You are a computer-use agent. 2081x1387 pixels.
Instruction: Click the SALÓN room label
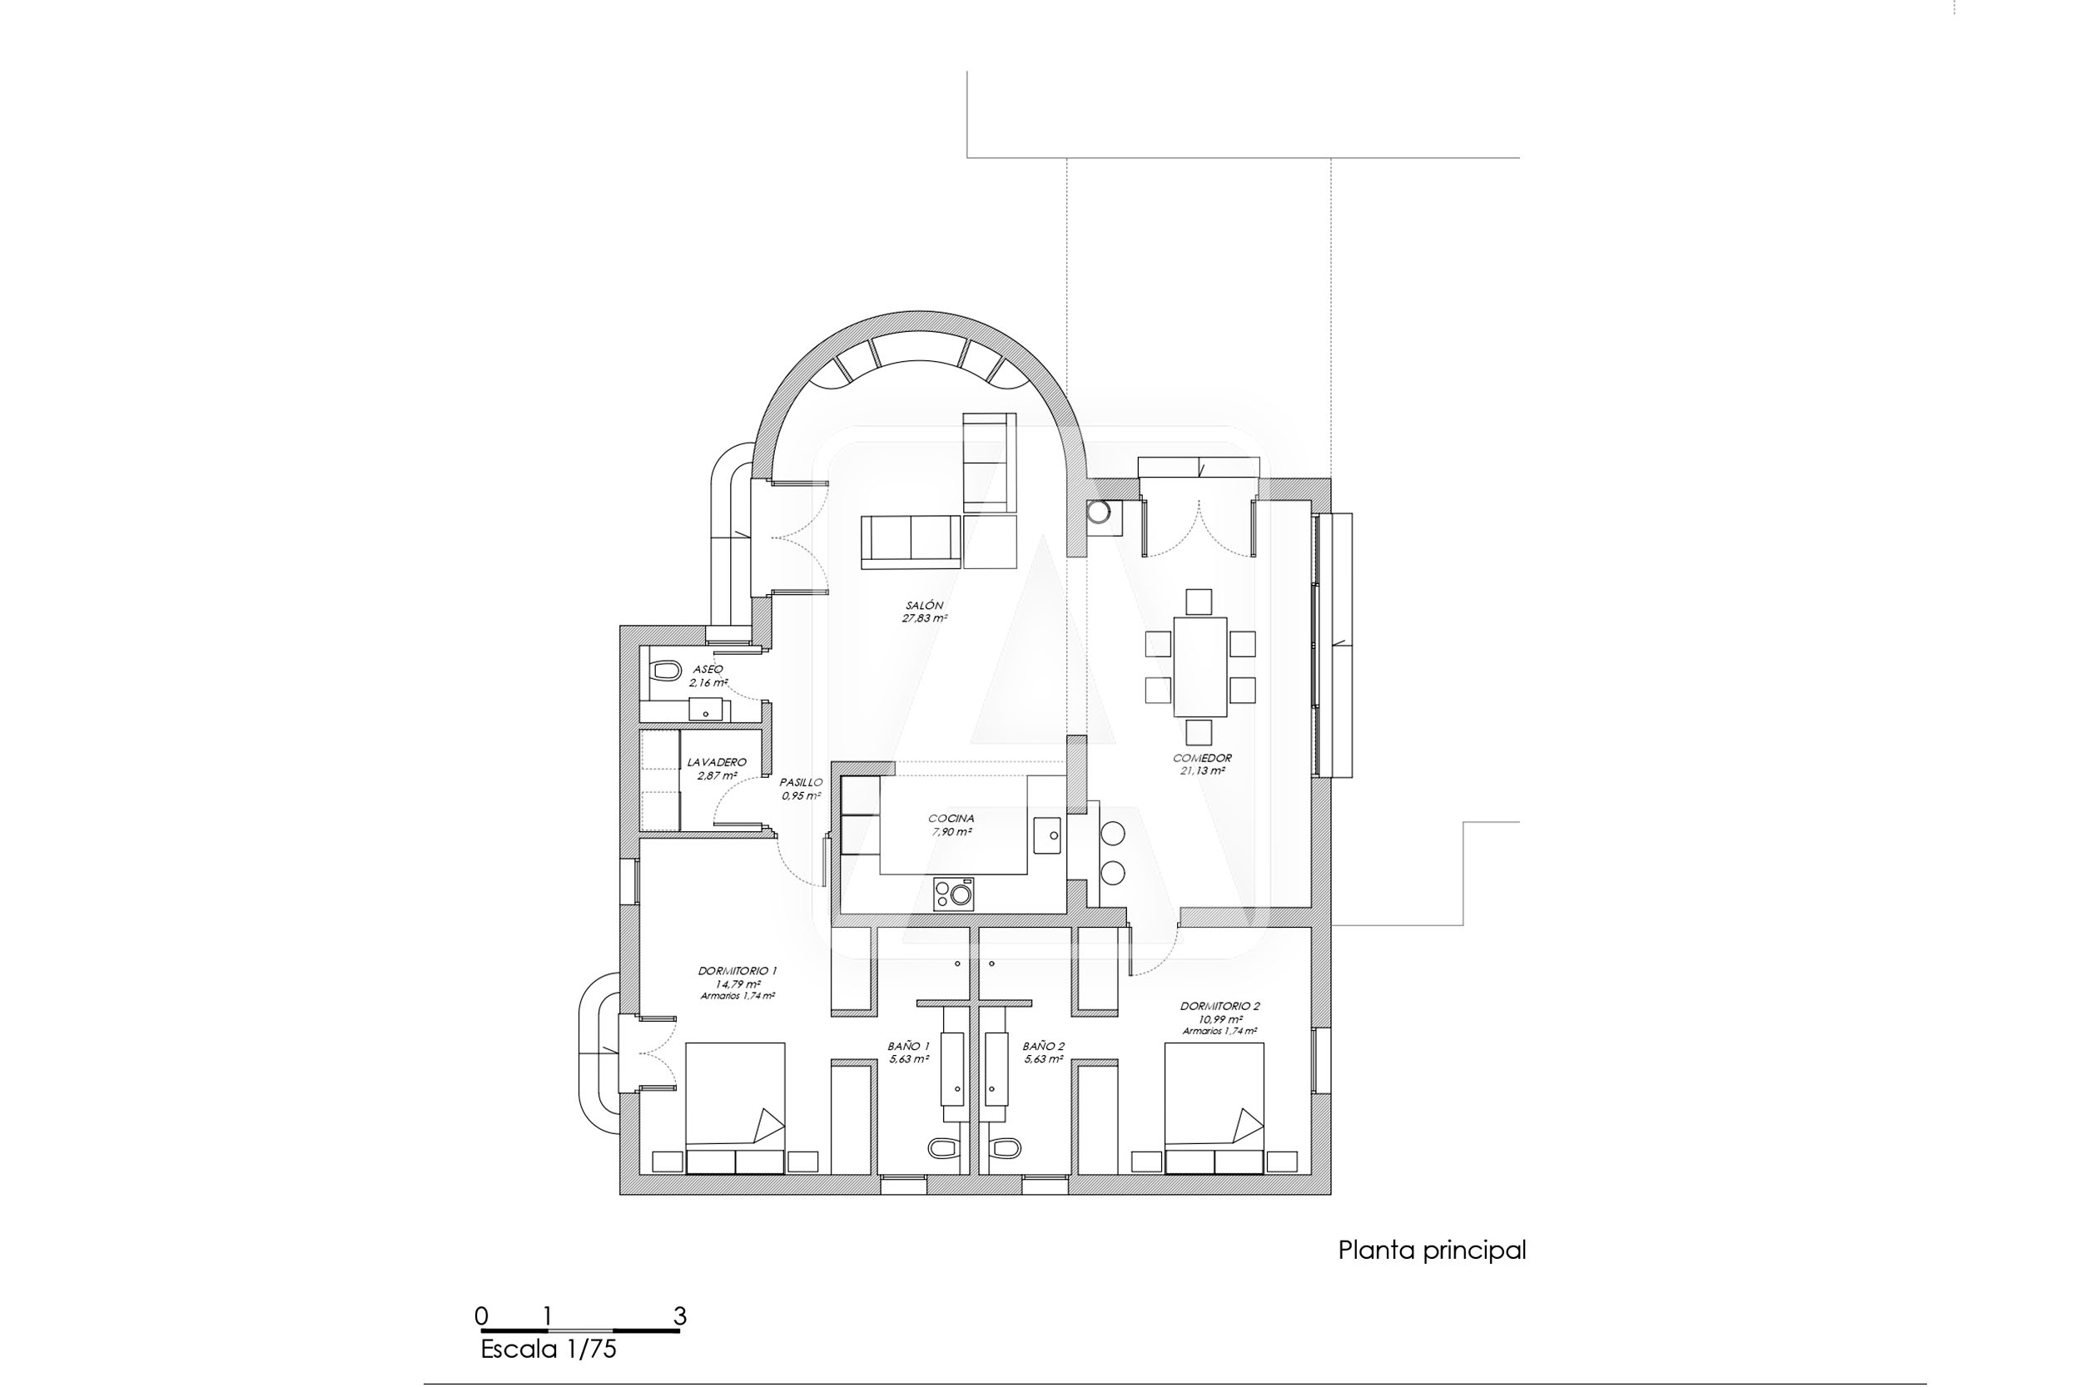point(925,605)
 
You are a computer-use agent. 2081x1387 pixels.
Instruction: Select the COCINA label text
point(951,818)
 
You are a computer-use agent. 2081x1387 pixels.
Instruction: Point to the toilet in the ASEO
point(660,673)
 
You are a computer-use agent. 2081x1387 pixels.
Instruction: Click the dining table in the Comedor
point(1199,667)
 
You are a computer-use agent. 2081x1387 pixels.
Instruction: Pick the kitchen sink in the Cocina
point(1046,836)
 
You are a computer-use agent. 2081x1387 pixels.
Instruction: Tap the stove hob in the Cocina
point(954,894)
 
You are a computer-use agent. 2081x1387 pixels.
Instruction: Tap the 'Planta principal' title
point(1432,1251)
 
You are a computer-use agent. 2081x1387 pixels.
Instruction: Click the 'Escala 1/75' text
point(548,1349)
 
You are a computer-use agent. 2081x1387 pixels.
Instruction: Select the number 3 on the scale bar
point(679,1316)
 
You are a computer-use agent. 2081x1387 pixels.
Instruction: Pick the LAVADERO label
point(717,761)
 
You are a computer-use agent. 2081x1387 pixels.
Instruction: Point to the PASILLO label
point(801,782)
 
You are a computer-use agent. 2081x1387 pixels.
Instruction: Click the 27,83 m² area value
point(925,618)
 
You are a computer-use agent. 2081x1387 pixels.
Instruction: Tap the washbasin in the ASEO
point(705,710)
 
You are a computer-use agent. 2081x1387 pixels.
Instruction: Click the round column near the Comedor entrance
point(1100,513)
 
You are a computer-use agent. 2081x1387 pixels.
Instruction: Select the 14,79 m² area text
point(738,983)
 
